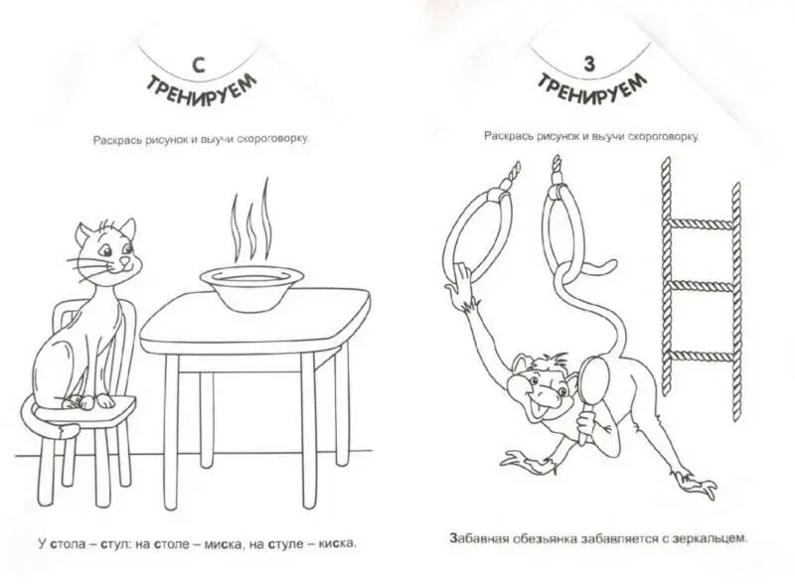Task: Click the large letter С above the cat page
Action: (199, 66)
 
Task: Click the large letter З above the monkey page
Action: (589, 64)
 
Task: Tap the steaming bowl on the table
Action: (251, 288)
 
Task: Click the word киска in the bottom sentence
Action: (337, 544)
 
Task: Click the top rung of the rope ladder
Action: (701, 223)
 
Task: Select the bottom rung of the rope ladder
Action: (701, 356)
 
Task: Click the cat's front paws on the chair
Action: (93, 402)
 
